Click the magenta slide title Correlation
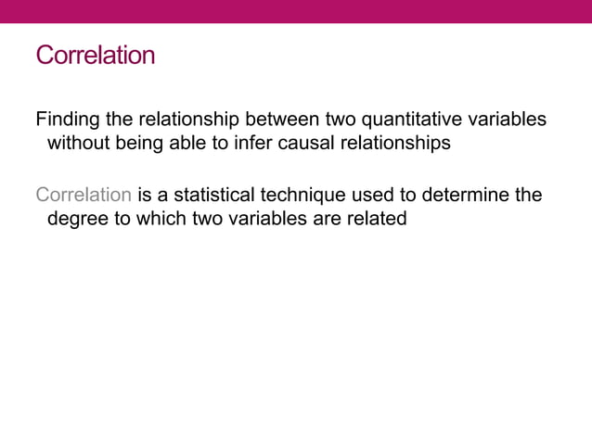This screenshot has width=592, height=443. click(95, 56)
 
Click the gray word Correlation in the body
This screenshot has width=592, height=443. click(84, 196)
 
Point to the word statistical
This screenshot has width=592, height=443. click(211, 196)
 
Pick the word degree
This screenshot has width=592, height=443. click(78, 220)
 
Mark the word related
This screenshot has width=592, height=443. click(376, 220)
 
